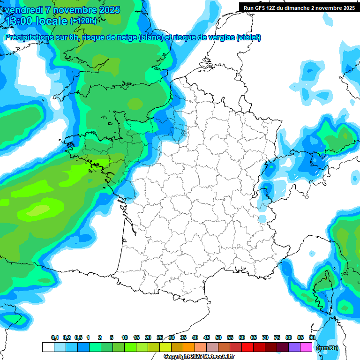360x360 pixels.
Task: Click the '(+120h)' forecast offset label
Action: (83, 21)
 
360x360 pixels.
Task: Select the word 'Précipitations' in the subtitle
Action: (26, 37)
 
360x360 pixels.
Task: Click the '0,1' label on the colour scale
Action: (55, 338)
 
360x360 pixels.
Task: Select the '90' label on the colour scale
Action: (312, 338)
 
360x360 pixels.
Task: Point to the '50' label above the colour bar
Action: (218, 338)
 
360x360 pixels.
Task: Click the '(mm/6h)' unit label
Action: (327, 348)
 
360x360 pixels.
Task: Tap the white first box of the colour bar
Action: (48, 347)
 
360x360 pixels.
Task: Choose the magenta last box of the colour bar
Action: (306, 347)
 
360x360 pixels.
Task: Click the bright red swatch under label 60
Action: (247, 347)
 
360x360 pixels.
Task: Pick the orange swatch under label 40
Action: (189, 347)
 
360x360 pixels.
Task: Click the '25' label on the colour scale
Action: (160, 338)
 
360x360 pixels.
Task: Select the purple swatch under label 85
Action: (294, 347)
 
